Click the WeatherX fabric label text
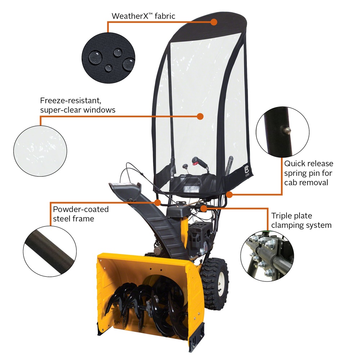click(x=143, y=16)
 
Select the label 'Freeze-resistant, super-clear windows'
click(x=78, y=105)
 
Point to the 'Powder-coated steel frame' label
click(x=81, y=214)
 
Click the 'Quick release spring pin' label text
click(x=309, y=173)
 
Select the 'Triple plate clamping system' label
click(x=301, y=221)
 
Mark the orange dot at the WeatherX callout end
click(x=214, y=22)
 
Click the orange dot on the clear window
click(x=201, y=116)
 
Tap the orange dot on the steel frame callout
click(x=157, y=202)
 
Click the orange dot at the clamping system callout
click(x=203, y=208)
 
